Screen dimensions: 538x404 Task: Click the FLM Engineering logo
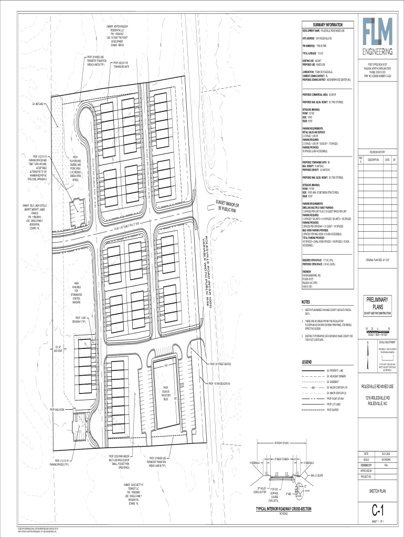[375, 38]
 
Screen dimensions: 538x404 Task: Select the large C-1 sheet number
[375, 511]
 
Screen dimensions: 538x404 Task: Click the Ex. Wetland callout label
[40, 105]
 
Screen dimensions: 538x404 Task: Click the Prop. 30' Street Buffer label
[221, 364]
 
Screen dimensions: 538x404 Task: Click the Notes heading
[305, 302]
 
